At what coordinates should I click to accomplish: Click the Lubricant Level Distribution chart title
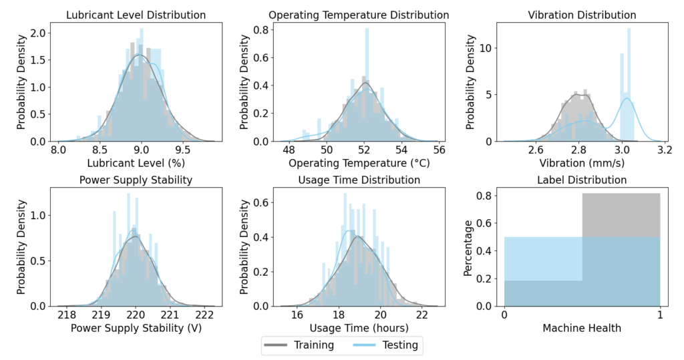[140, 15]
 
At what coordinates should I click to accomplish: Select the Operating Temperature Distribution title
[359, 15]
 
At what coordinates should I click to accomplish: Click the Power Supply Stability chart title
[136, 180]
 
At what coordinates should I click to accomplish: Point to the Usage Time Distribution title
[359, 180]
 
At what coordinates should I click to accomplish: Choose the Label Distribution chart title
[581, 180]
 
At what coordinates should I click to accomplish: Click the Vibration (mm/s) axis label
[581, 162]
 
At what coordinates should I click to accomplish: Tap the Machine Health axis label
[581, 327]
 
